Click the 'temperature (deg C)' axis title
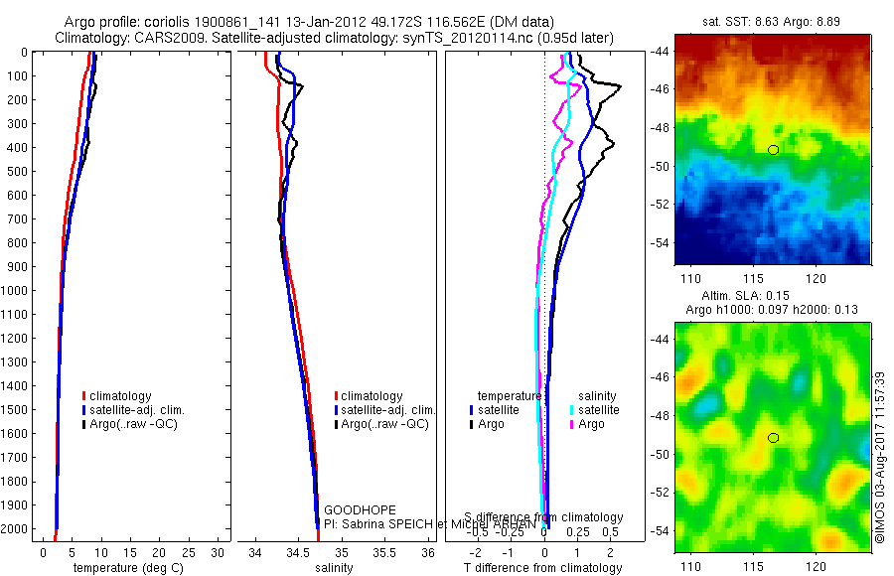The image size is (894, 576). tap(126, 568)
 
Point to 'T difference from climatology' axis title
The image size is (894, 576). tap(542, 568)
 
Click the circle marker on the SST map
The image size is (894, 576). tap(773, 150)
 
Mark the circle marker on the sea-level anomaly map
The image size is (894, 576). tap(773, 438)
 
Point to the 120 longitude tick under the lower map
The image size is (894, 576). tap(817, 566)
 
